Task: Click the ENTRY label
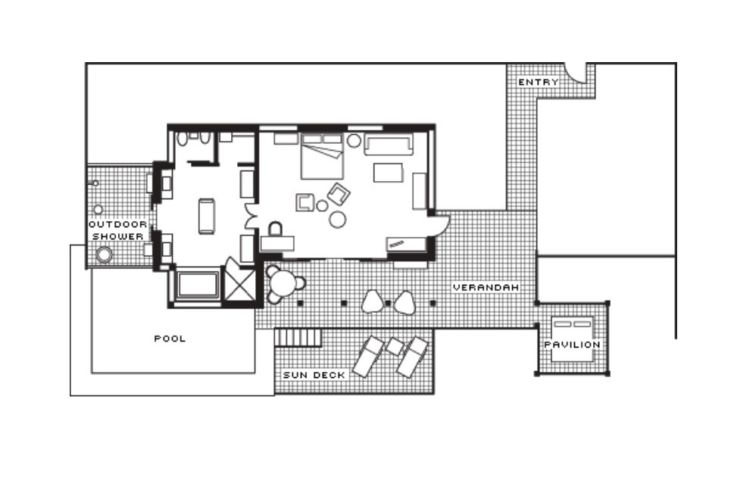pos(539,83)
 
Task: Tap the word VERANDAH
pos(486,287)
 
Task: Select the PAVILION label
pos(572,345)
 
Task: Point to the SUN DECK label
pos(314,375)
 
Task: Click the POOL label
pos(170,339)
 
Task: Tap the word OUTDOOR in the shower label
pos(117,224)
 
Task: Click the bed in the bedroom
pos(322,157)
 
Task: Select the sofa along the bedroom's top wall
pos(389,145)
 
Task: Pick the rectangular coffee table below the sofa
pos(389,173)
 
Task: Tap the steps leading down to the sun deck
pos(298,338)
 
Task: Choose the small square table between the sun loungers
pos(395,346)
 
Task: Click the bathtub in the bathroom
pos(198,284)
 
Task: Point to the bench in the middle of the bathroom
pos(206,217)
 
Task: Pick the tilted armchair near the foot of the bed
pos(339,194)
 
